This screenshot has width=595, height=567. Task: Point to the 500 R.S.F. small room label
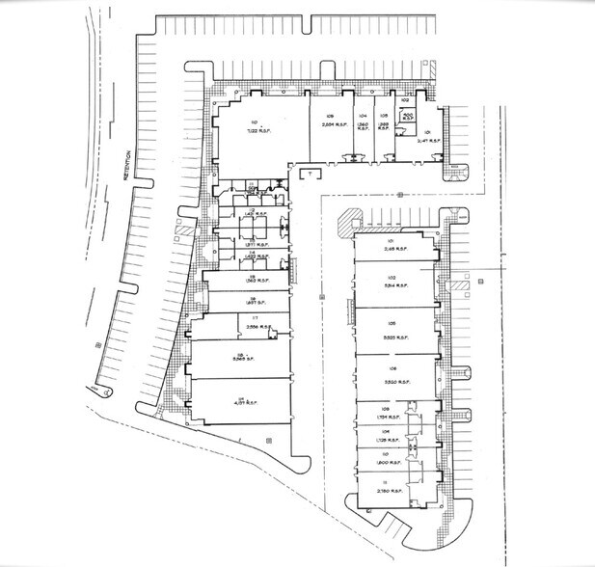pyautogui.click(x=406, y=118)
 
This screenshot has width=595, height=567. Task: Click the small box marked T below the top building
pyautogui.click(x=311, y=174)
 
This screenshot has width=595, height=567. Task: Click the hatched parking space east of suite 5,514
pyautogui.click(x=461, y=285)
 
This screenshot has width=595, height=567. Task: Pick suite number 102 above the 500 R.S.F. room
pyautogui.click(x=406, y=99)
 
